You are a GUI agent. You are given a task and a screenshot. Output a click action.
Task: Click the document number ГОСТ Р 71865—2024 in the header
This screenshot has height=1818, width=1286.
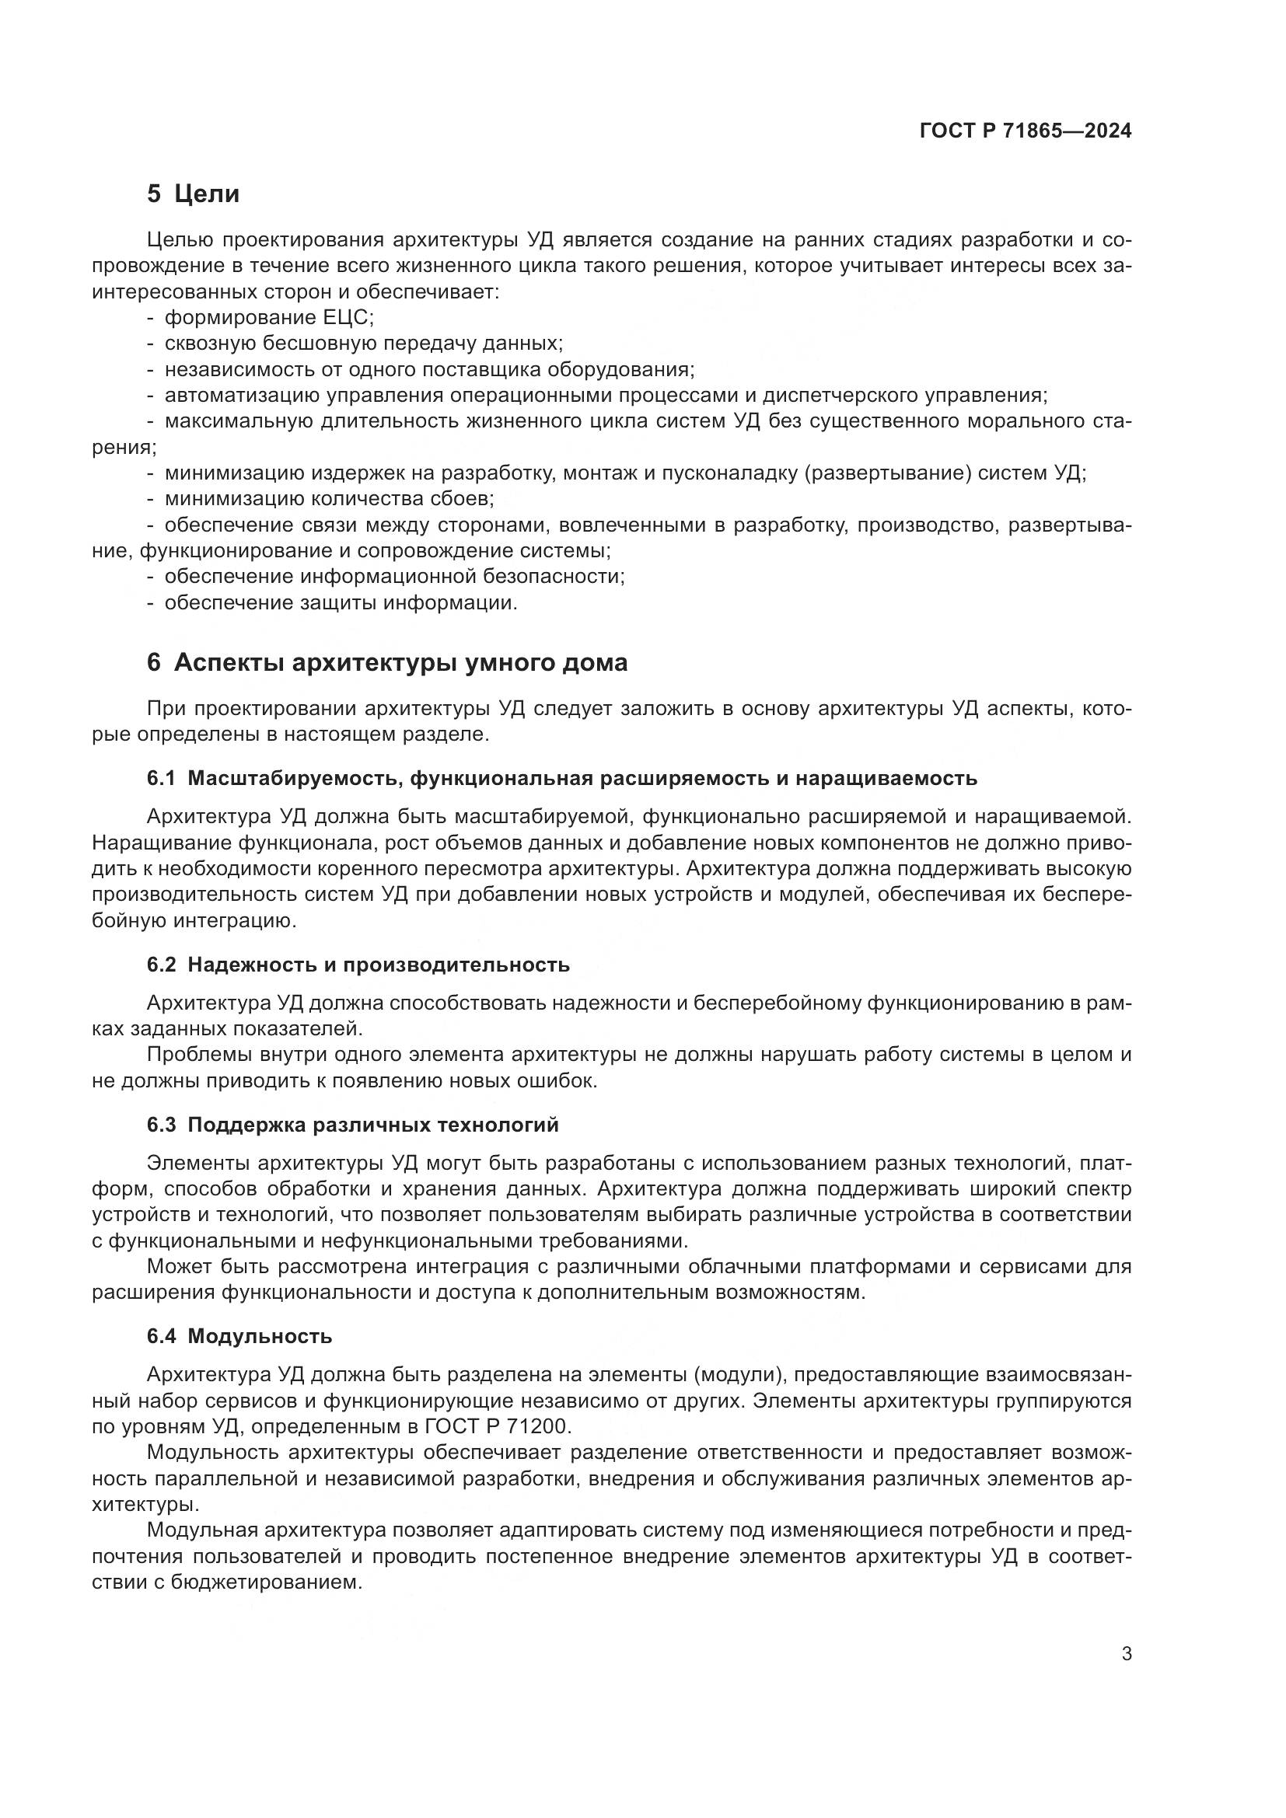click(x=1025, y=131)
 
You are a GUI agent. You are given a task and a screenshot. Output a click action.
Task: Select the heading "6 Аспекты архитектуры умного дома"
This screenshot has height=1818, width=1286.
click(x=387, y=663)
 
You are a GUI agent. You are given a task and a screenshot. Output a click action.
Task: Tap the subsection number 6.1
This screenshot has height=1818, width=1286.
click(x=161, y=778)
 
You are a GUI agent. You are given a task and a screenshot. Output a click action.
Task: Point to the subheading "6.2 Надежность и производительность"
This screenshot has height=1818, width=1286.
click(x=358, y=965)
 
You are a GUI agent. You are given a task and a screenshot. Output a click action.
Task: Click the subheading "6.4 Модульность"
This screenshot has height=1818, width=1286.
click(x=239, y=1337)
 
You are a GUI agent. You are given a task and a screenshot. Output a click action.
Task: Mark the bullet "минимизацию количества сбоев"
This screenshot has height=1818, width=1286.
click(x=329, y=500)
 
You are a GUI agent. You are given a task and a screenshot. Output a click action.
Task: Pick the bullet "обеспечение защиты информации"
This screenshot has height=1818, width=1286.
click(x=341, y=603)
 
